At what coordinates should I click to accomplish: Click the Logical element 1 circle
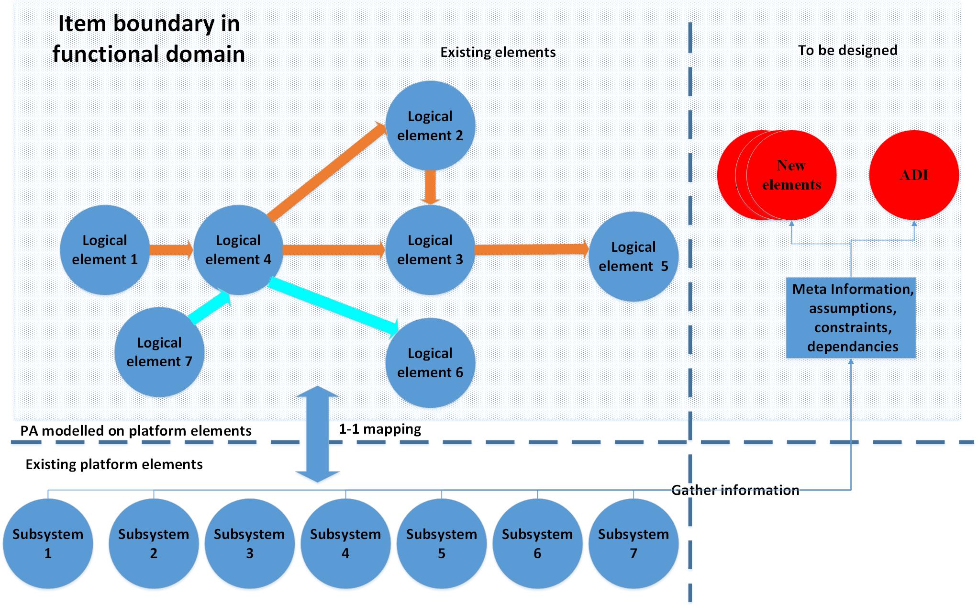click(x=105, y=250)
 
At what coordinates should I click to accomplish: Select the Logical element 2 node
click(x=430, y=126)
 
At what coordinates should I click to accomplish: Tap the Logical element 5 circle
click(x=633, y=257)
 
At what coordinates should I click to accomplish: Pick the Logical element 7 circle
click(x=159, y=352)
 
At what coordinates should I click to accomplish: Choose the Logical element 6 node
click(x=430, y=363)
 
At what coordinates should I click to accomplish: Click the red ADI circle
click(x=914, y=175)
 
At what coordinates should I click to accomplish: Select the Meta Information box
click(x=851, y=318)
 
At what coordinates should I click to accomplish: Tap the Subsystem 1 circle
click(x=48, y=544)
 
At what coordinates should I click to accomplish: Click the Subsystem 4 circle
click(x=345, y=544)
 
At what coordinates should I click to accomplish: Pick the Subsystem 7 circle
click(x=633, y=544)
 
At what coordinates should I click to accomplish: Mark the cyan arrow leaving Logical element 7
click(x=210, y=308)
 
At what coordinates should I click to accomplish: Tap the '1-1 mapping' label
click(x=380, y=429)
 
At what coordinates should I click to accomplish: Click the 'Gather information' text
click(x=735, y=490)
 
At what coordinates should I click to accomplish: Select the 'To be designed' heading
click(x=847, y=50)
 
